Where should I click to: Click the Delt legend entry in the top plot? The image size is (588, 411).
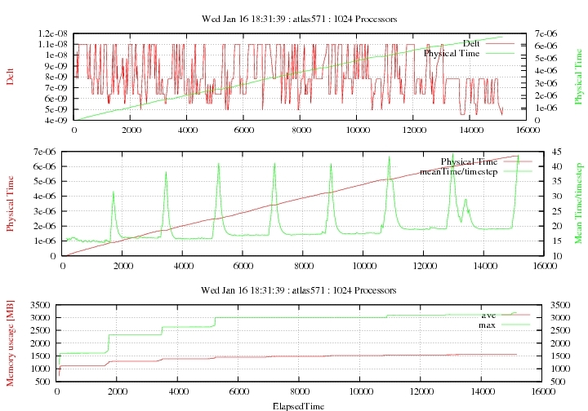tap(471, 43)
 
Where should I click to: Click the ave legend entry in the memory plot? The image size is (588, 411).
tap(488, 315)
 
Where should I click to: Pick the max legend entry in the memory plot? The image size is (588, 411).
tap(488, 325)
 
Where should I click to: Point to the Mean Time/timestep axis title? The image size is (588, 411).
tap(578, 203)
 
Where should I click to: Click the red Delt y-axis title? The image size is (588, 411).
tap(11, 77)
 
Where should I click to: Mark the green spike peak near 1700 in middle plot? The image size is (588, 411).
tap(113, 192)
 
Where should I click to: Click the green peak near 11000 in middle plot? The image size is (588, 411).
tap(390, 157)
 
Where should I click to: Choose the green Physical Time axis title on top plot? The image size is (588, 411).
tap(578, 77)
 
